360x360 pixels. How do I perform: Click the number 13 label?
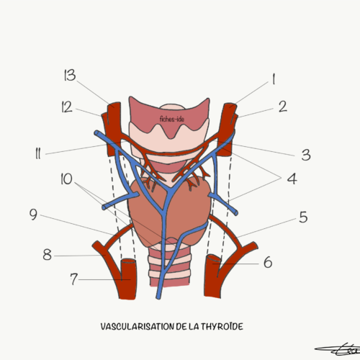point(70,75)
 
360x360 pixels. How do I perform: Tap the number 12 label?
point(67,107)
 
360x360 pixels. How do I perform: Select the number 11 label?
point(38,153)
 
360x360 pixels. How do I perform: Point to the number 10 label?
point(66,179)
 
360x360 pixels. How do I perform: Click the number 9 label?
point(33,215)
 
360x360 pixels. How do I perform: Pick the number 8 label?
point(48,255)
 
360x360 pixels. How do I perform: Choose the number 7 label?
point(74,279)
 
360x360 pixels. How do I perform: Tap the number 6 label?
point(268,262)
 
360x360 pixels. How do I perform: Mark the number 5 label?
point(303,217)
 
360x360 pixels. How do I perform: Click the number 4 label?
point(292,179)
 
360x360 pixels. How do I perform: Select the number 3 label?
point(306,155)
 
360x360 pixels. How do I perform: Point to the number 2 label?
point(283,107)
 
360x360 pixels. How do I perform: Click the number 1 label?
point(274,79)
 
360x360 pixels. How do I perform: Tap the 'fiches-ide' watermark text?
point(172,119)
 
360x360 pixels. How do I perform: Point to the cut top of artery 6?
point(214,258)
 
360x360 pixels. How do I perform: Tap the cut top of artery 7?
point(128,261)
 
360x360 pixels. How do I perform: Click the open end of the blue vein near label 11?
point(96,132)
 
